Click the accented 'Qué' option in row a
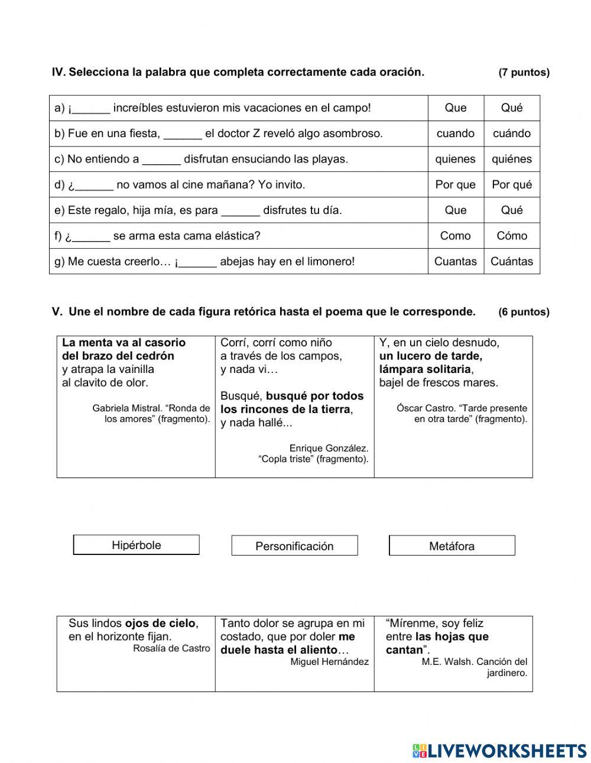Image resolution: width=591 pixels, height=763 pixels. tap(512, 108)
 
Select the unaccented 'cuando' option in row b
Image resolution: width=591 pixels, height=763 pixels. tap(455, 134)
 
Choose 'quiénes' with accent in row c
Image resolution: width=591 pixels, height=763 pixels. tap(512, 159)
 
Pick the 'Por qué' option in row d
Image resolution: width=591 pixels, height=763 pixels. tap(512, 184)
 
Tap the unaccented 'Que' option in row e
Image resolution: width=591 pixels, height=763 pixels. tap(455, 210)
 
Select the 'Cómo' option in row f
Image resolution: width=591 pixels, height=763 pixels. tap(512, 236)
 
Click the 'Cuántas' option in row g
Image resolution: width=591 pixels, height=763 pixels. tap(512, 261)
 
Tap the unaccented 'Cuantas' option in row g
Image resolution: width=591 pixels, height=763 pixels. tap(455, 261)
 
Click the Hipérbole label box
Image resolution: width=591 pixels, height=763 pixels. tap(136, 545)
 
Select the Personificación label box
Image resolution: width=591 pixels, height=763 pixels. tap(294, 546)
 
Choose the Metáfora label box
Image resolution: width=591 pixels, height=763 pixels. tap(452, 546)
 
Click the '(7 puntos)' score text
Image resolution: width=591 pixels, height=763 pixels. tap(524, 73)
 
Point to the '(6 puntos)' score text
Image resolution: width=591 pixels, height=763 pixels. tap(524, 312)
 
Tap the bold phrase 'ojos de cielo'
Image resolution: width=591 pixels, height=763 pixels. tap(160, 624)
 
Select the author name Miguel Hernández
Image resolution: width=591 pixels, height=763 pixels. tap(329, 662)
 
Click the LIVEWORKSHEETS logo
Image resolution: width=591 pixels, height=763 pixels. tap(499, 751)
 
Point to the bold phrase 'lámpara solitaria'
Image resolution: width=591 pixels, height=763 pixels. tap(425, 369)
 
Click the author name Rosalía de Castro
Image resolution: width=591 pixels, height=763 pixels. tap(171, 648)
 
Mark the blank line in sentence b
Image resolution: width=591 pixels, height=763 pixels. tap(183, 134)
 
